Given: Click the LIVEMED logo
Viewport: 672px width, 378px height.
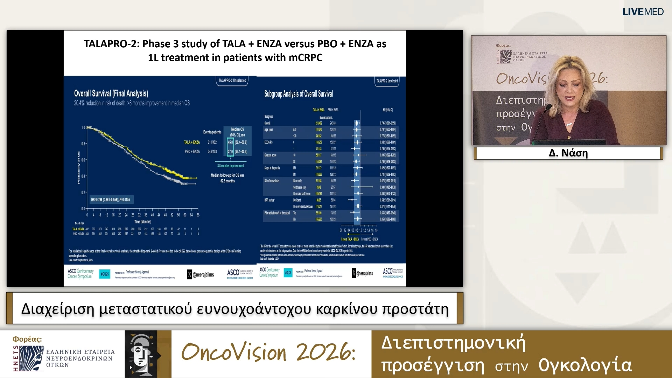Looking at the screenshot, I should [x=643, y=12].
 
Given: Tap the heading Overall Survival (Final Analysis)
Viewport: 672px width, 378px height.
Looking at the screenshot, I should [x=111, y=93].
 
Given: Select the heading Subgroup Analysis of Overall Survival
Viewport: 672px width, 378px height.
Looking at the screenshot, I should [x=298, y=94].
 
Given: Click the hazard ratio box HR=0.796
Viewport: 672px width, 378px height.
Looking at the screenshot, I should [x=111, y=199].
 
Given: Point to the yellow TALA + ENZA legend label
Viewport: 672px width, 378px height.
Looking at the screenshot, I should [x=192, y=142].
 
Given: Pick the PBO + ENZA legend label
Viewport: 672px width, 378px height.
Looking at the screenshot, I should [x=192, y=152].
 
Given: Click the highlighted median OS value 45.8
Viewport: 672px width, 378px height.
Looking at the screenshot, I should [x=230, y=142].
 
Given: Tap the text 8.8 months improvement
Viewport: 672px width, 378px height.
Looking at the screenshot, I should [x=231, y=166].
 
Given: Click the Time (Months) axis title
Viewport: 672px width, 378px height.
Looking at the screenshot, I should [x=143, y=222].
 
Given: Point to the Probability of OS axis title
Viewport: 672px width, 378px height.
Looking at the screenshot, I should [x=79, y=168].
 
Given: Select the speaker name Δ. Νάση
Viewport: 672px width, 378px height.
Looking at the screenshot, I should [x=568, y=153].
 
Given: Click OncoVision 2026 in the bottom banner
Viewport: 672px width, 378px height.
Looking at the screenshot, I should [x=268, y=352].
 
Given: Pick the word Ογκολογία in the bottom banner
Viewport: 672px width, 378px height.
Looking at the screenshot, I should [x=585, y=365].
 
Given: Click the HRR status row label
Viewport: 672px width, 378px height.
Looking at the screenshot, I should [x=269, y=200].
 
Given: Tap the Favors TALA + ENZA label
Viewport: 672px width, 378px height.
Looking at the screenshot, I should [x=350, y=239].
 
